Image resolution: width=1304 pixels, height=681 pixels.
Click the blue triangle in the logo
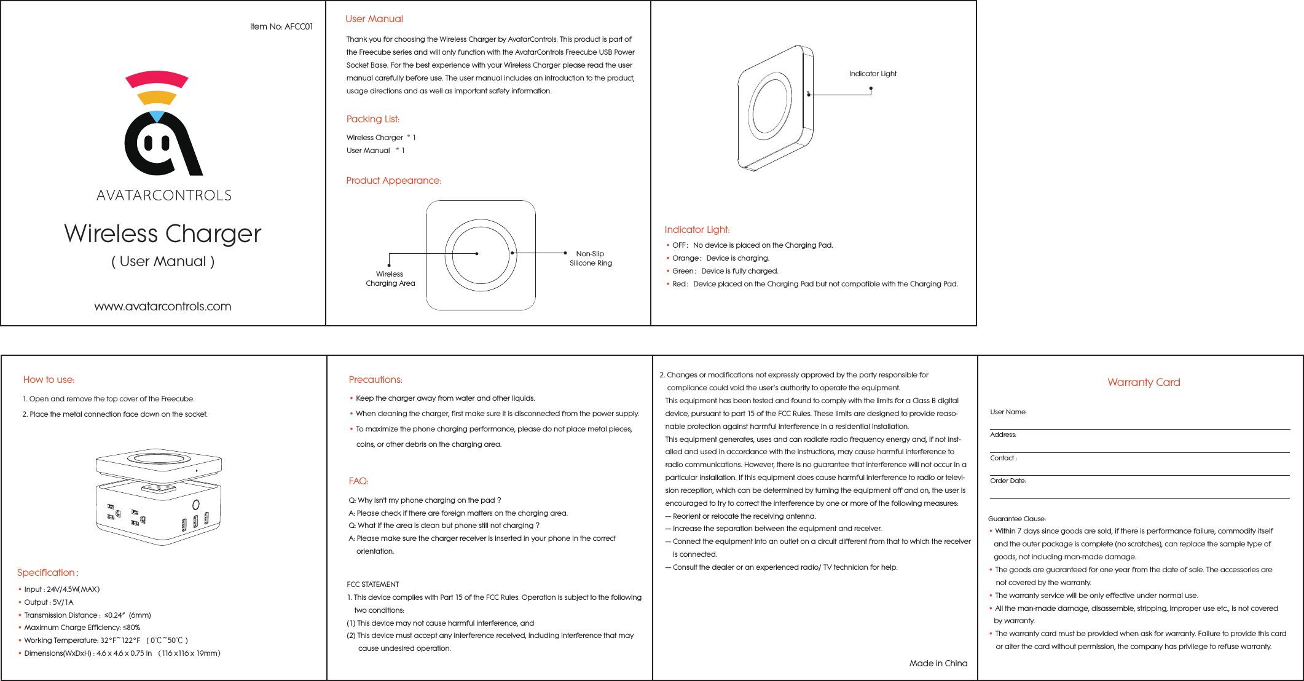(x=157, y=116)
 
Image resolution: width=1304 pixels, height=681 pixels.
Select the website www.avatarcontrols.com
(x=163, y=306)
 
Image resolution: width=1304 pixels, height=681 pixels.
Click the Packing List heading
(x=373, y=119)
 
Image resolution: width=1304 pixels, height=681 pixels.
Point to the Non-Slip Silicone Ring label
(x=591, y=258)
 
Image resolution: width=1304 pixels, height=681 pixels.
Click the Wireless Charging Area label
(x=390, y=278)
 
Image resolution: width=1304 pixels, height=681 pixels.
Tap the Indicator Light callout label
(x=873, y=74)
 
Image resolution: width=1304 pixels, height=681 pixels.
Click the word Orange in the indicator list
(x=685, y=258)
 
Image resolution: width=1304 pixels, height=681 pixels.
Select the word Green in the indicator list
(x=683, y=271)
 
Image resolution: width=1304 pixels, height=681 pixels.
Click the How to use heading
(x=49, y=380)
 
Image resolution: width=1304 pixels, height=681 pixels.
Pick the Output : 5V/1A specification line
(x=49, y=602)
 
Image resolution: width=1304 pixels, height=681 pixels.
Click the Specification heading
(x=47, y=573)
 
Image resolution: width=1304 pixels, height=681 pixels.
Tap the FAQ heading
(x=358, y=481)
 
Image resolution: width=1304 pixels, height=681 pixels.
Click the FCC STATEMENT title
(x=373, y=585)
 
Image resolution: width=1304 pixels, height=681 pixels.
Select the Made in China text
(x=938, y=663)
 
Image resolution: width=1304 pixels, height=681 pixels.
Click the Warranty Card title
(x=1144, y=382)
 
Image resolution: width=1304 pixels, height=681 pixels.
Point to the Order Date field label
(x=1008, y=481)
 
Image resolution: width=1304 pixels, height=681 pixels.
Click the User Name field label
(x=1008, y=412)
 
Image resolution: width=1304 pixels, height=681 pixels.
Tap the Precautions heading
(x=375, y=380)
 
